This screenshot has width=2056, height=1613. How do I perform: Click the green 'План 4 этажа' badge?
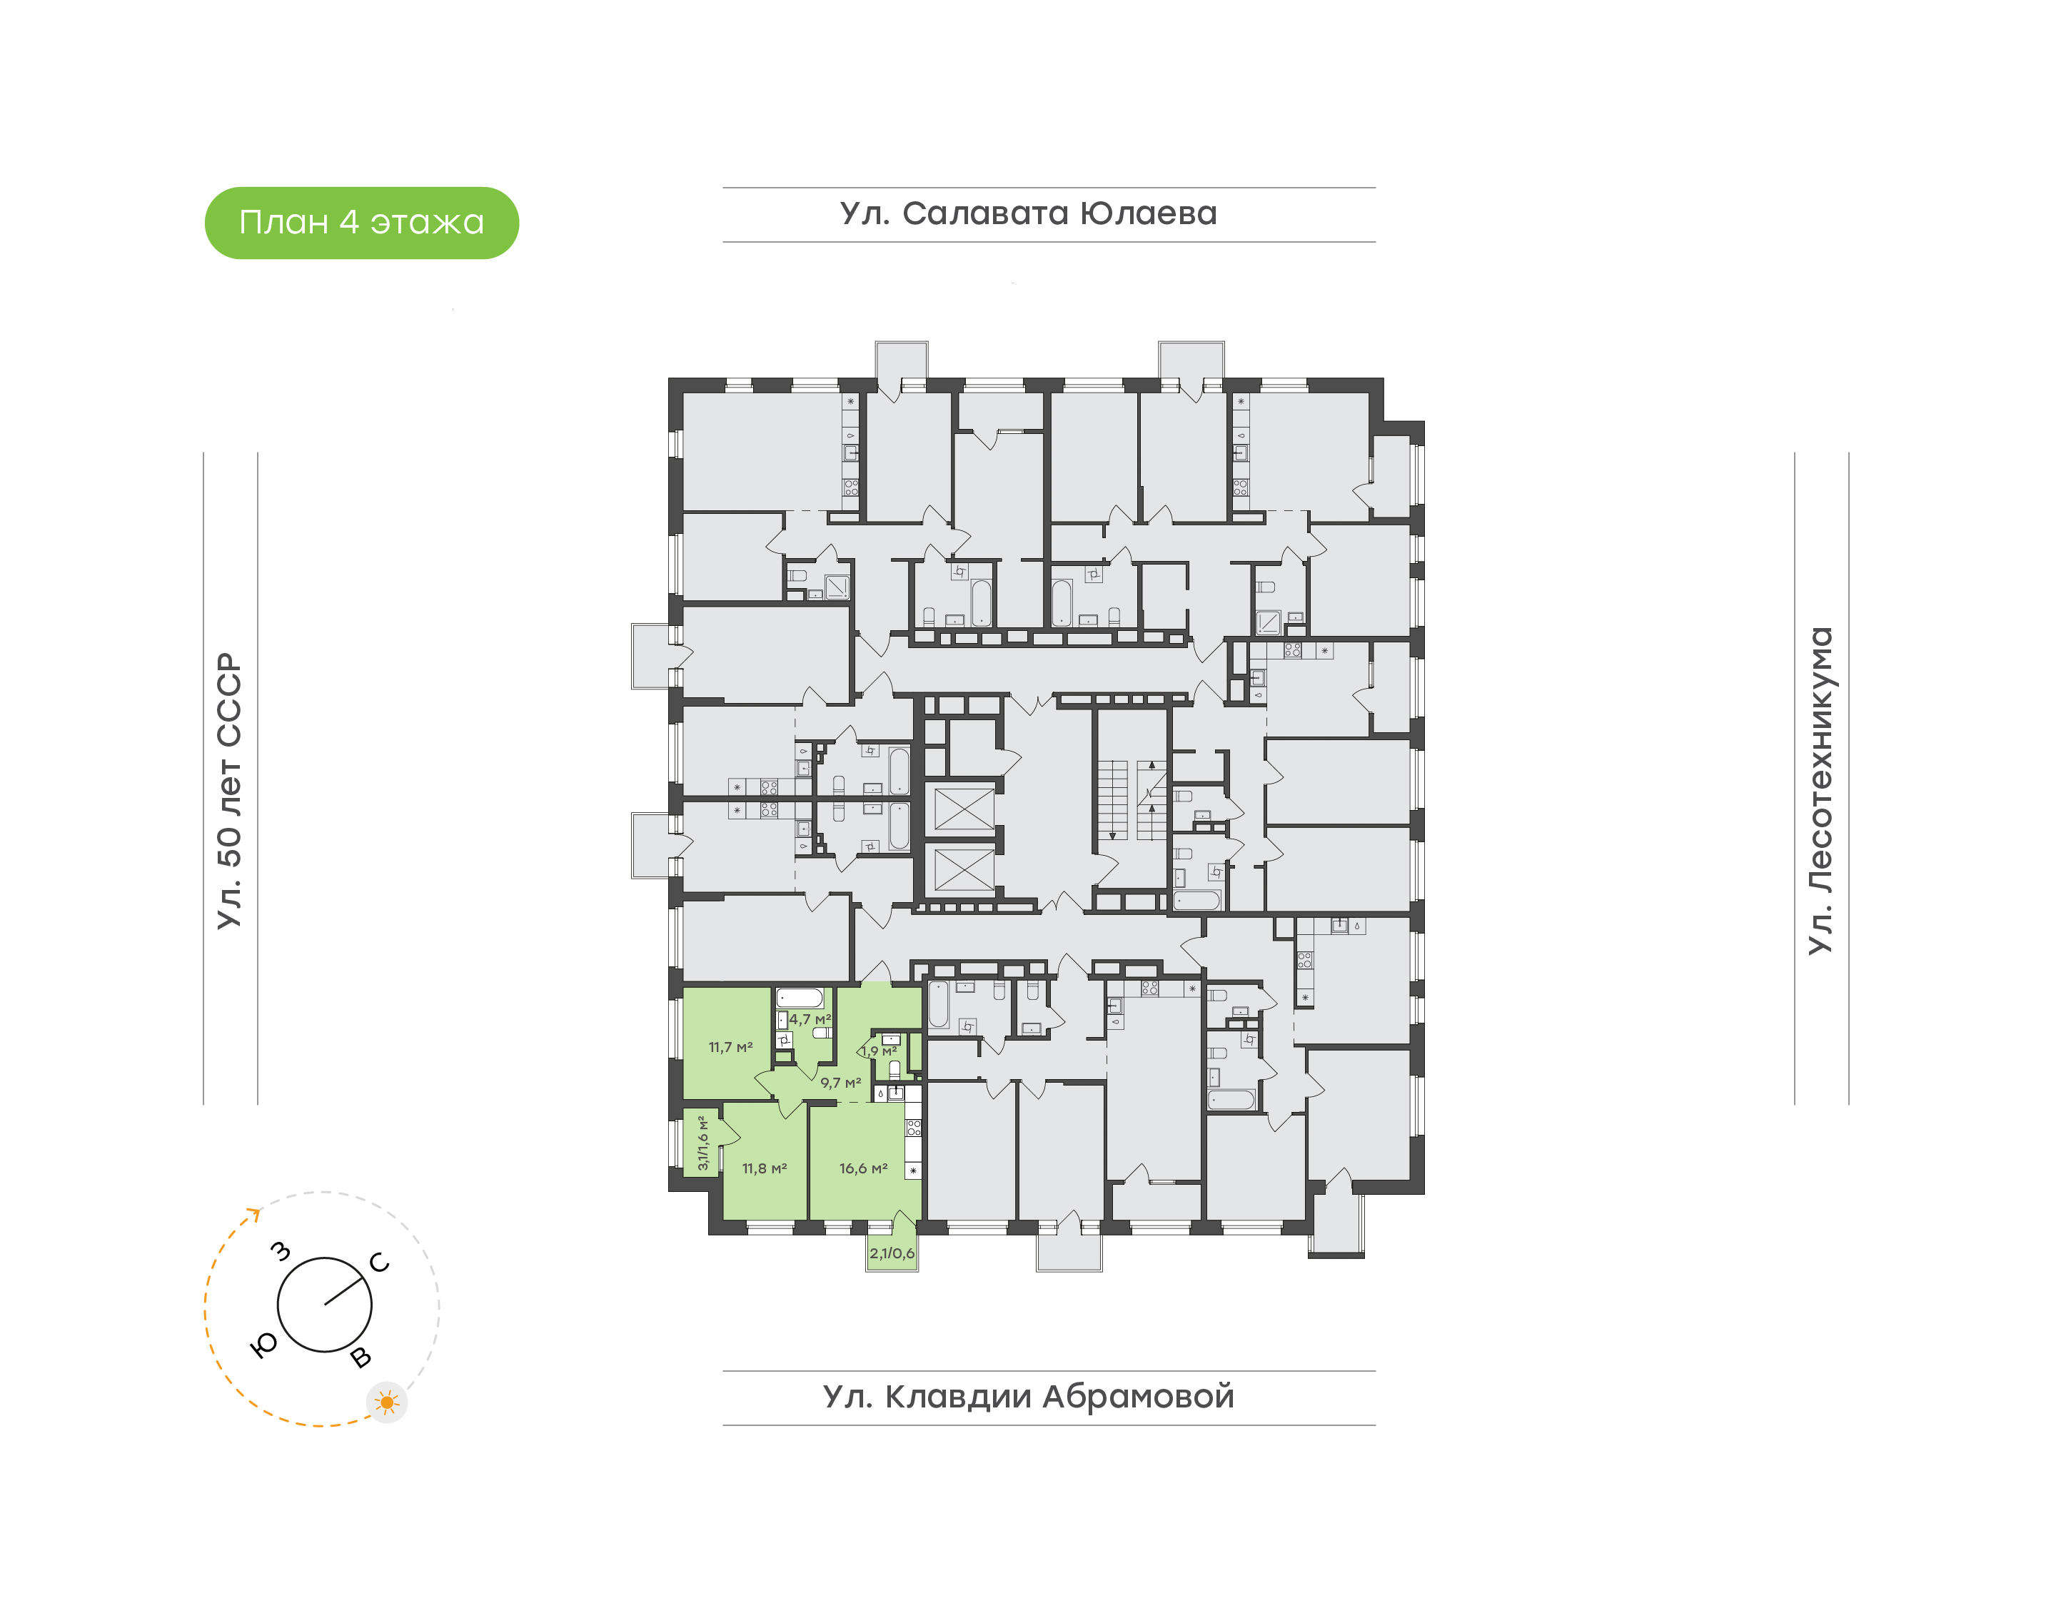pyautogui.click(x=362, y=223)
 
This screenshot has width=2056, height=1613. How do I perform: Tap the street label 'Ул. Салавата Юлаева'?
pyautogui.click(x=1029, y=214)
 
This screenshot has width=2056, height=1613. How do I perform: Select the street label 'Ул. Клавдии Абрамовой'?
pyautogui.click(x=1029, y=1397)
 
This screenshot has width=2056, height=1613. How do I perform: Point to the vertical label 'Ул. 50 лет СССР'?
pyautogui.click(x=229, y=791)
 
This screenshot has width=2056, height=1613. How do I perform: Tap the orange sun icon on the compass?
pyautogui.click(x=386, y=1402)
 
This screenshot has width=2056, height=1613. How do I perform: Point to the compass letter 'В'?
pyautogui.click(x=361, y=1358)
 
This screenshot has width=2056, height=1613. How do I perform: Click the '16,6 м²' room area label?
pyautogui.click(x=863, y=1169)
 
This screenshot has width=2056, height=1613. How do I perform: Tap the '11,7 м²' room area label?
pyautogui.click(x=731, y=1047)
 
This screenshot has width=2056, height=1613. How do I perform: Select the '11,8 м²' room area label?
pyautogui.click(x=764, y=1169)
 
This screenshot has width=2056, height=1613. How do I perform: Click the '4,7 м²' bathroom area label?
pyautogui.click(x=810, y=1020)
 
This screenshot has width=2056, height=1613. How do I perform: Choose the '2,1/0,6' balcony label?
pyautogui.click(x=892, y=1253)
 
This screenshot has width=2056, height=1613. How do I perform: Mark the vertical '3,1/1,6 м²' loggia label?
pyautogui.click(x=702, y=1143)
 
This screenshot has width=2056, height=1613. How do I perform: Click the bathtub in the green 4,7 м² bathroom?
pyautogui.click(x=800, y=998)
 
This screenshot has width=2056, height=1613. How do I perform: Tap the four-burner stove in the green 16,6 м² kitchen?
pyautogui.click(x=913, y=1128)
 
